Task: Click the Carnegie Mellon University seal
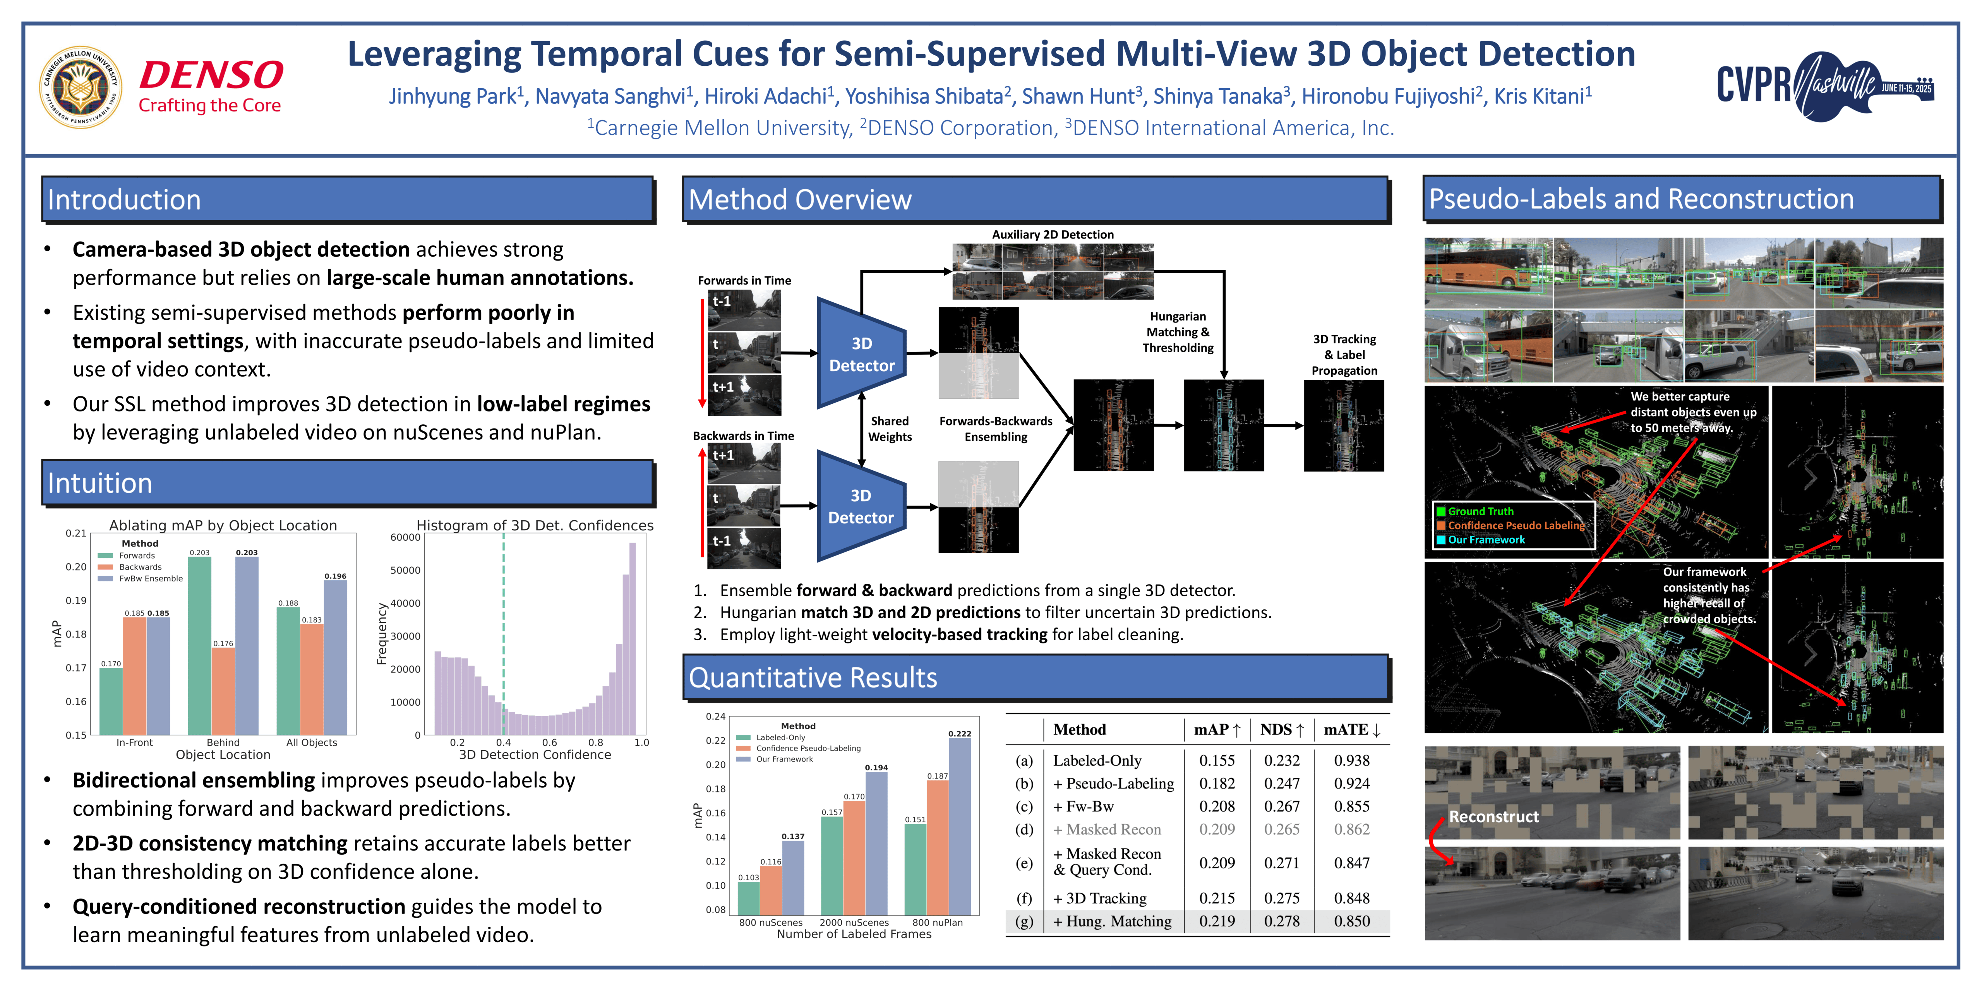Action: click(80, 87)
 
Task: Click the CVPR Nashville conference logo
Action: click(1824, 86)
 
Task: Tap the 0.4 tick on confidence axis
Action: click(503, 742)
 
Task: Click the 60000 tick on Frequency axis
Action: click(405, 537)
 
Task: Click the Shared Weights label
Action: click(890, 429)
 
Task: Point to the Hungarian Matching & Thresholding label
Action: click(1177, 332)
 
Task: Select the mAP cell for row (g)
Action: click(1216, 921)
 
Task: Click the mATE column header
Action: click(1351, 729)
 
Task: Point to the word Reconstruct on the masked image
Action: click(1493, 816)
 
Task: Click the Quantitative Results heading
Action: click(813, 678)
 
